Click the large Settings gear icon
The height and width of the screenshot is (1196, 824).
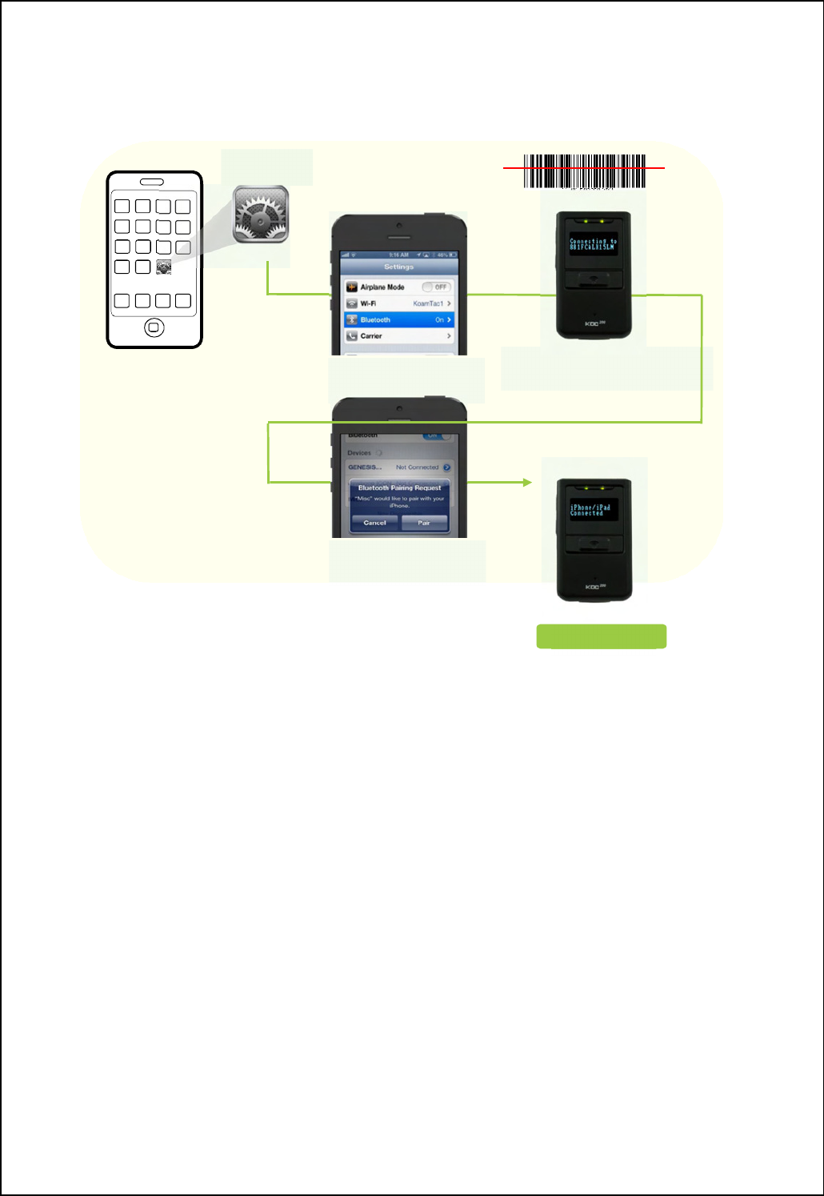(261, 214)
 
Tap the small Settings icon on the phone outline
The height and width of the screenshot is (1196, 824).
(163, 267)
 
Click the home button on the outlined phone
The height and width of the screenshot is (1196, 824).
(154, 327)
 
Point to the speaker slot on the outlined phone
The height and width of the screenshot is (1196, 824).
(152, 182)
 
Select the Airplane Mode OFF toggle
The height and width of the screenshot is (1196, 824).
(437, 287)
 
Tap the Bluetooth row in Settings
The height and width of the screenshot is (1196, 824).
(398, 319)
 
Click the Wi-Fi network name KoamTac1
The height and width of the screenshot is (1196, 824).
(429, 303)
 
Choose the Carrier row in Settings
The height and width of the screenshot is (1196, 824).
(398, 336)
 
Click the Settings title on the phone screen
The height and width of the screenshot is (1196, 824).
(398, 267)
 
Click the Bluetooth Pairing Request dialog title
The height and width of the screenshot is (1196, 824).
(399, 488)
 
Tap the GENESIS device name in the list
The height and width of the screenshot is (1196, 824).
(365, 467)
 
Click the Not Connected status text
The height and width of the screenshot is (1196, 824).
(417, 467)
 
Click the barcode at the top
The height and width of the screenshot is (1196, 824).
(585, 171)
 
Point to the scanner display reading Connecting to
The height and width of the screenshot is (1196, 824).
(593, 244)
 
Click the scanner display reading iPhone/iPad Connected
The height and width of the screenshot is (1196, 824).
(593, 510)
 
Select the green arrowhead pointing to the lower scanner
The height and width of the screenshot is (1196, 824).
(527, 483)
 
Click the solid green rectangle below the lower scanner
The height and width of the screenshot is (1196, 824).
(601, 636)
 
